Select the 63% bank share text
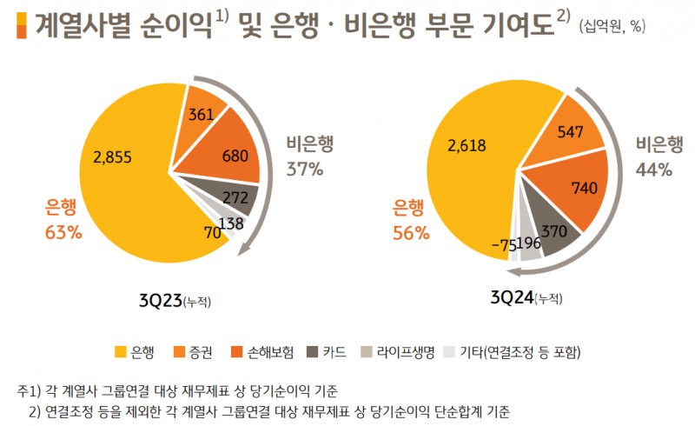click(63, 232)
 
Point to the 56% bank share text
click(410, 232)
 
